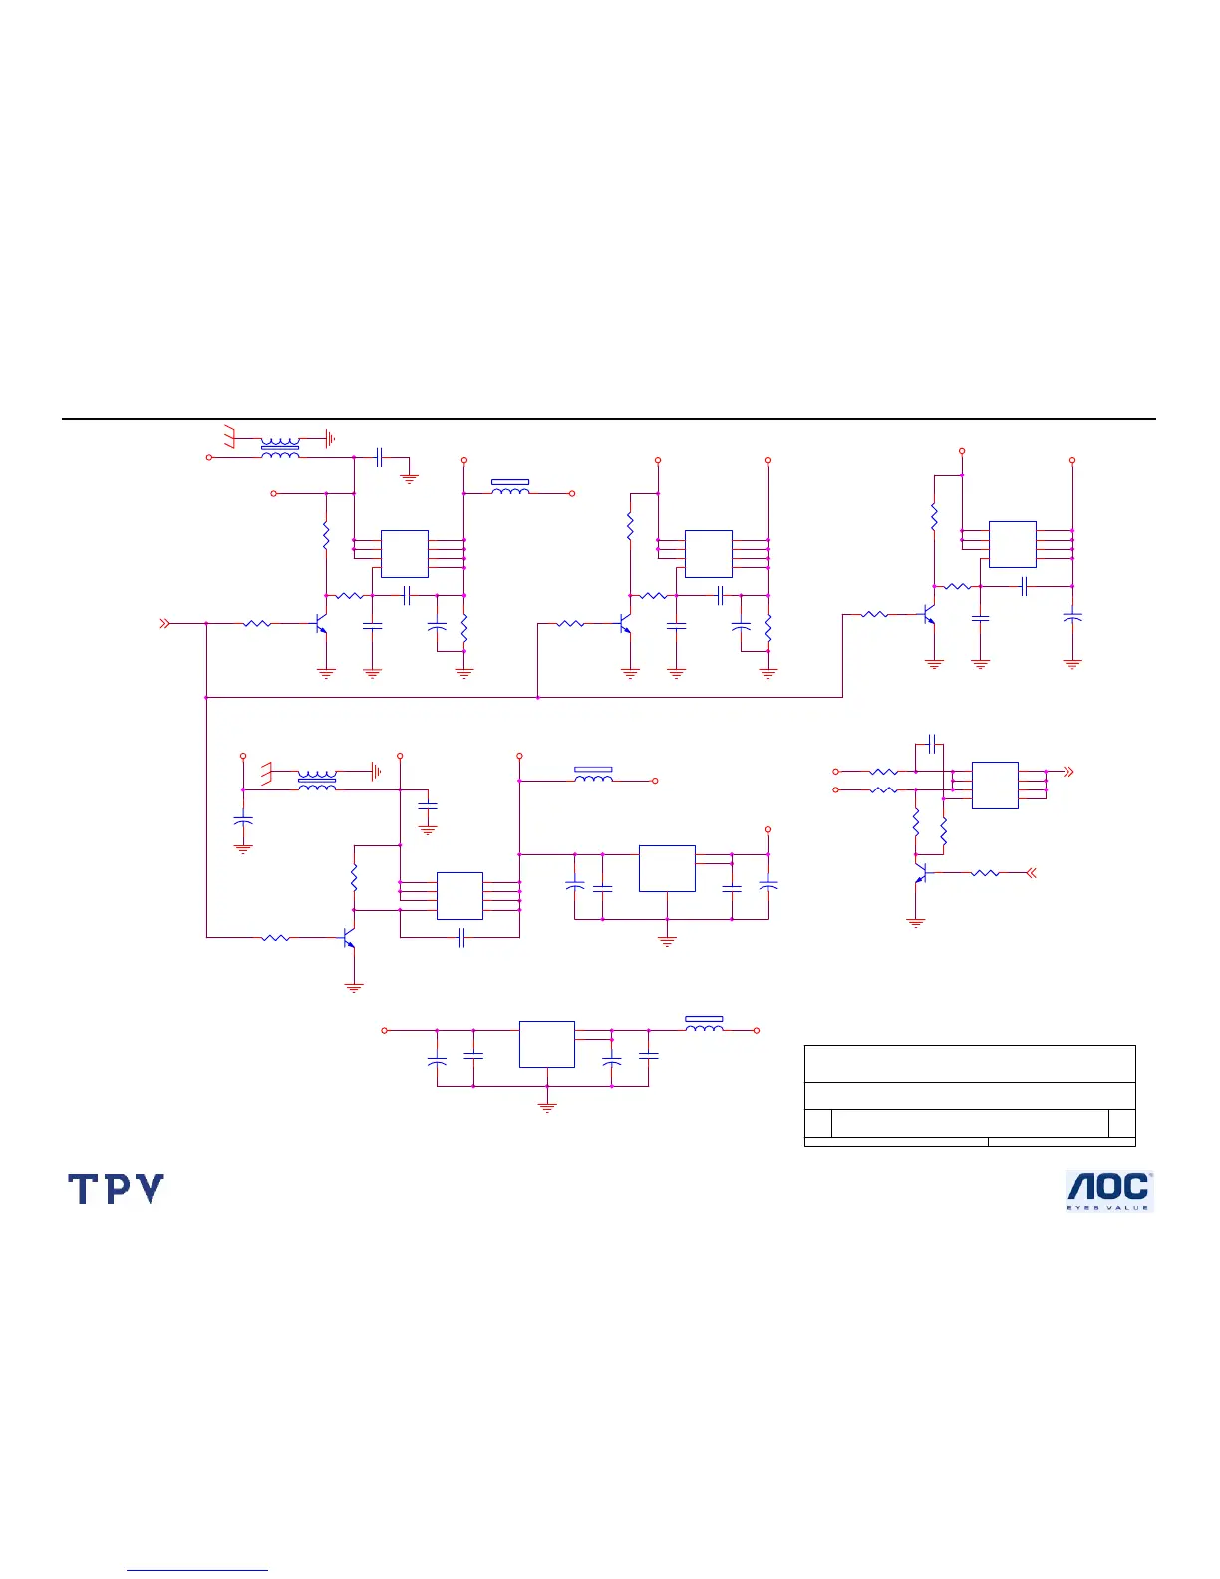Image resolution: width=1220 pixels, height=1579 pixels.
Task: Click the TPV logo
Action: point(116,1188)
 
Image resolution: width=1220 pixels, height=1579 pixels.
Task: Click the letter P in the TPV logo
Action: point(116,1188)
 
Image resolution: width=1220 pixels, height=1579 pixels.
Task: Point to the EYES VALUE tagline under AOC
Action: point(1109,1207)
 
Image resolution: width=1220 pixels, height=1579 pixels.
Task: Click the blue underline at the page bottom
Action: point(197,1571)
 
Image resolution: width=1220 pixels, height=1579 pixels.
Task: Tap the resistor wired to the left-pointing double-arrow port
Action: point(985,873)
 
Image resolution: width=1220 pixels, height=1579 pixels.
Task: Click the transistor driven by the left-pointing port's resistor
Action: point(922,873)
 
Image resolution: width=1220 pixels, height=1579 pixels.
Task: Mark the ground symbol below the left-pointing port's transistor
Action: point(916,922)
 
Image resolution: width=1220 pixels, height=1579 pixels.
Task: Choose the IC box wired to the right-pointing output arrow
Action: point(995,786)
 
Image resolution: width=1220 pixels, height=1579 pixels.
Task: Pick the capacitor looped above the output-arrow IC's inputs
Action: point(930,744)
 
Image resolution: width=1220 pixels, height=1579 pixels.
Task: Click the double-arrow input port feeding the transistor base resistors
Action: point(166,624)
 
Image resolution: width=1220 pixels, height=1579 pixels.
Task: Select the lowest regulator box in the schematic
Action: point(546,1044)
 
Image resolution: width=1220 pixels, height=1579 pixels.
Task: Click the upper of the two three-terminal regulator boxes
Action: point(667,868)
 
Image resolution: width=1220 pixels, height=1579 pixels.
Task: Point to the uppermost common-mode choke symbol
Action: point(279,447)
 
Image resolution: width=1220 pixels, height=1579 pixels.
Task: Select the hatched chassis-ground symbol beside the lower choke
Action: point(267,772)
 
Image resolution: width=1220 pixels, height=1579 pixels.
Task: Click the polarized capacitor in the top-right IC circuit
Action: point(1072,618)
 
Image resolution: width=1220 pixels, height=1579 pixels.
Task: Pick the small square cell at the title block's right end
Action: point(1122,1123)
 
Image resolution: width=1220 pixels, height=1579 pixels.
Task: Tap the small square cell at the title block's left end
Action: point(817,1123)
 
